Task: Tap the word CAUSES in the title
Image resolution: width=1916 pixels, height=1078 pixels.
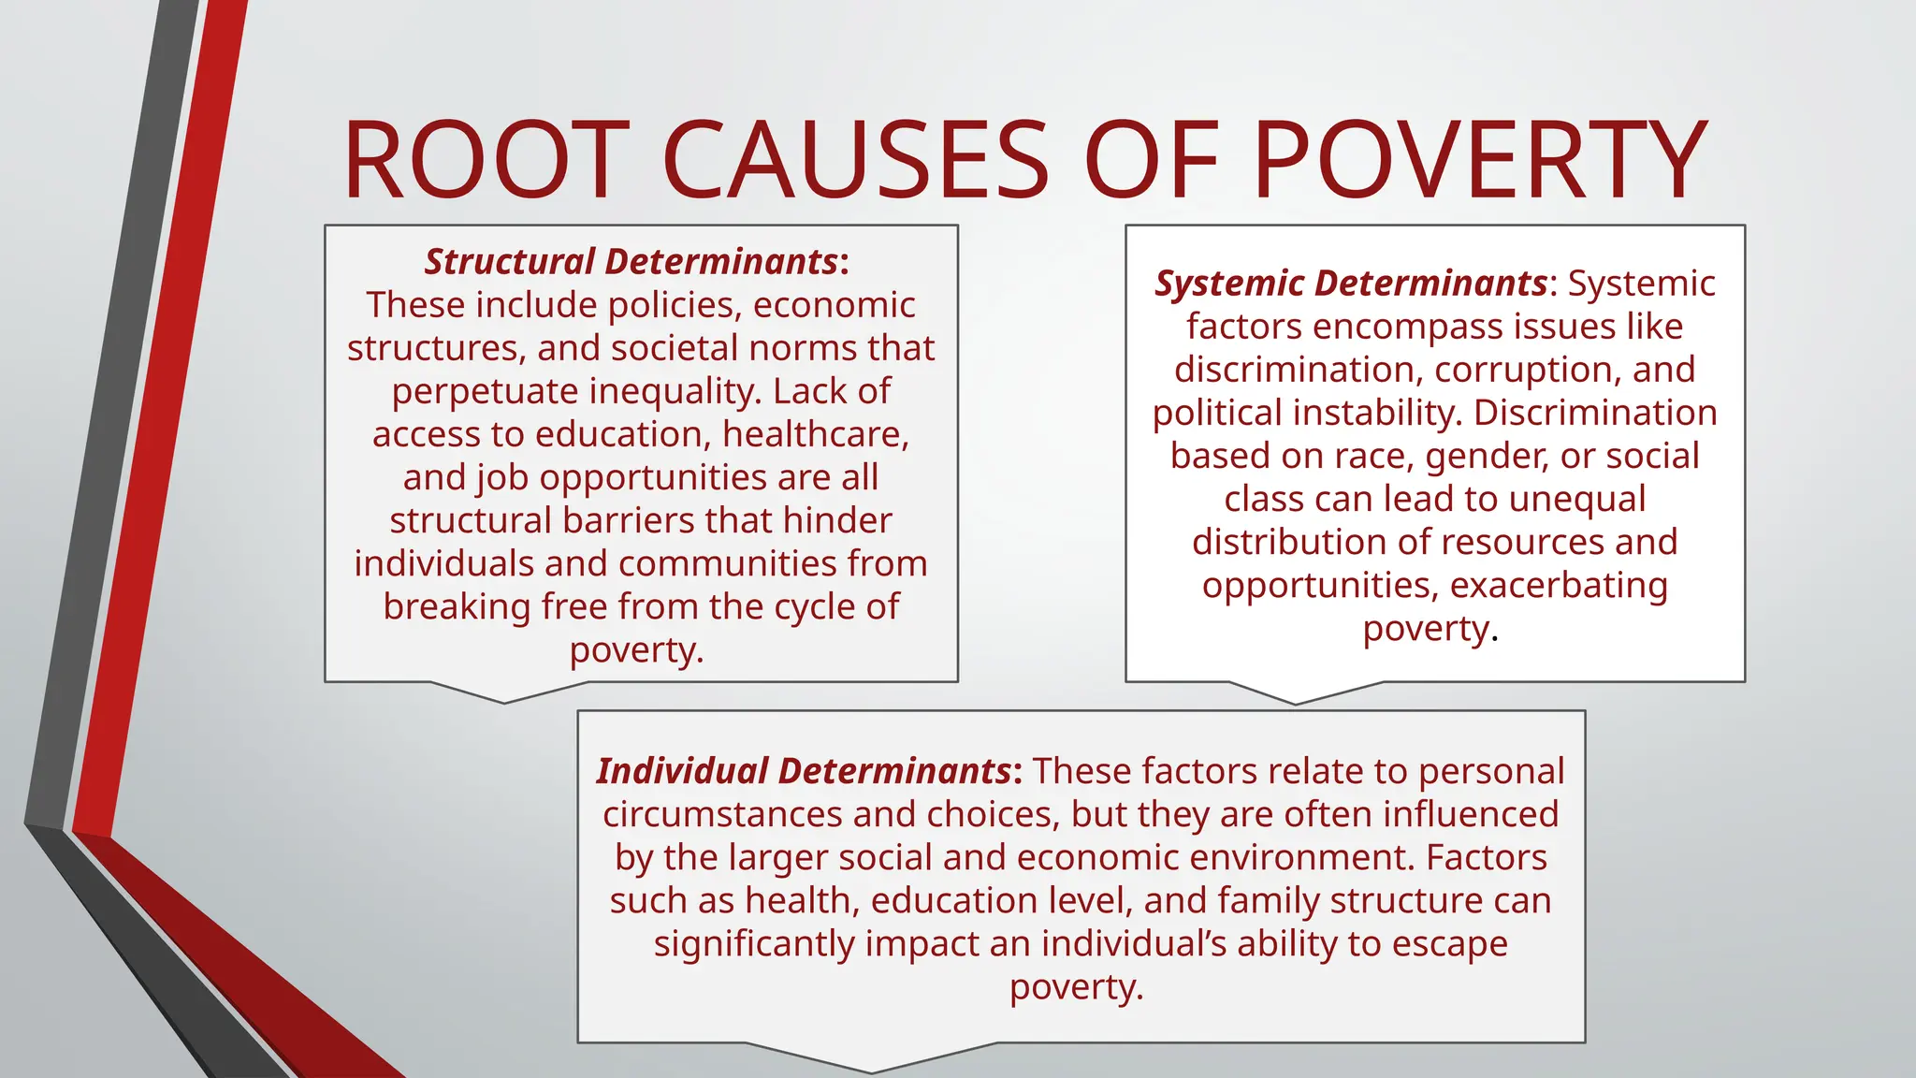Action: [x=856, y=160]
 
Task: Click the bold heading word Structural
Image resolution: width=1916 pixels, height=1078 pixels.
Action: [x=510, y=262]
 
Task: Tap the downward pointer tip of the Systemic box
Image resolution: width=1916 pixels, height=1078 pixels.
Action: [x=1296, y=703]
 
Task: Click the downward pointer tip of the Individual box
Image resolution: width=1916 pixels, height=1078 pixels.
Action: [x=872, y=1071]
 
